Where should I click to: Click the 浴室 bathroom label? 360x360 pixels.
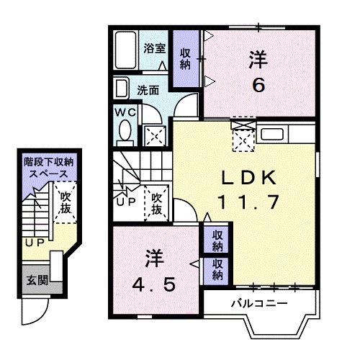point(154,49)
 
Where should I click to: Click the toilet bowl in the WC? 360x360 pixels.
point(125,131)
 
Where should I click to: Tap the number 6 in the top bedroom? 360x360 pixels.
point(258,85)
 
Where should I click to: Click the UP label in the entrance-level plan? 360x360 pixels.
point(32,243)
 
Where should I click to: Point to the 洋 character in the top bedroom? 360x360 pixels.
point(258,58)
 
